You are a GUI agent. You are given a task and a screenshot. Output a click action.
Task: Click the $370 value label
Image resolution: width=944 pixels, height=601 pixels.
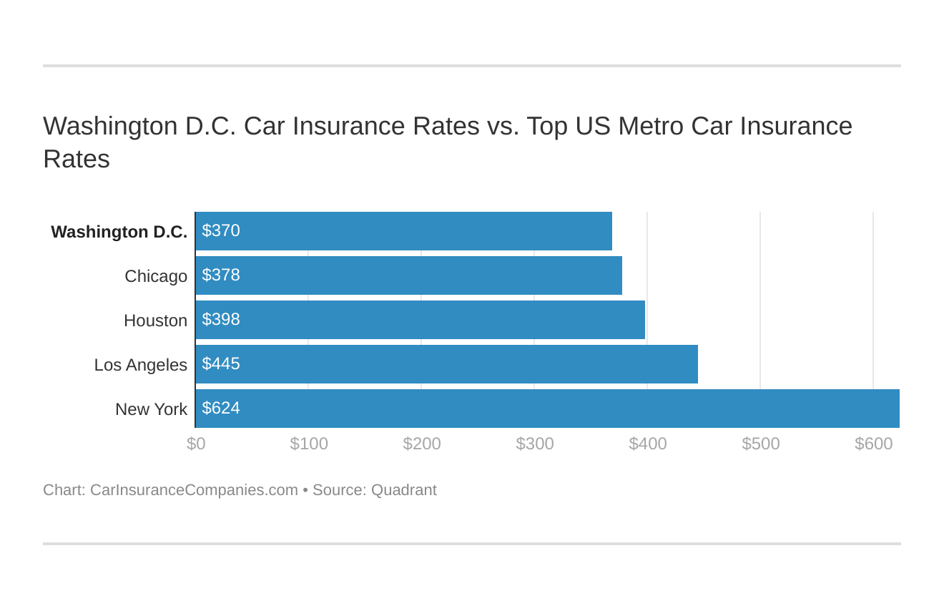221,231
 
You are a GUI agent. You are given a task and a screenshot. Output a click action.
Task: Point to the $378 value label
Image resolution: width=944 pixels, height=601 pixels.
221,275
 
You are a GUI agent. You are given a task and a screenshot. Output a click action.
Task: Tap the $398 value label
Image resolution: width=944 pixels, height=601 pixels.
221,320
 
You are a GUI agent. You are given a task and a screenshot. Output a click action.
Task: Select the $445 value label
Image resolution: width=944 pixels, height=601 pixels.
221,364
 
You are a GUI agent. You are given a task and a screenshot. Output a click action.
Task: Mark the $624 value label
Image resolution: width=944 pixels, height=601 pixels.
221,409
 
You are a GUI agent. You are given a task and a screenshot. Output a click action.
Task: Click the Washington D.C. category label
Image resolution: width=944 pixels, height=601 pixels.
119,232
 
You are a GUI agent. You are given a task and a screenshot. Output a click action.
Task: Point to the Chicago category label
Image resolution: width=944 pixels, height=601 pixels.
156,276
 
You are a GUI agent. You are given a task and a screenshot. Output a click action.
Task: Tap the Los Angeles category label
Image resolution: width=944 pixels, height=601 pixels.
141,365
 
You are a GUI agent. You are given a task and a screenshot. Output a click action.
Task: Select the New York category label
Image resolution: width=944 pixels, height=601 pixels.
151,409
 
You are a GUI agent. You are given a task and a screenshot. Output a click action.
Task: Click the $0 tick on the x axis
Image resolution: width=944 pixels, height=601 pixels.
196,444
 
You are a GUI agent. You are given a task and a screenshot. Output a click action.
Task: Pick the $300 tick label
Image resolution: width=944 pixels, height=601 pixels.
535,444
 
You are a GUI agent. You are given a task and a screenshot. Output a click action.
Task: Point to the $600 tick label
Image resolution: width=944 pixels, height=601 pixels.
873,444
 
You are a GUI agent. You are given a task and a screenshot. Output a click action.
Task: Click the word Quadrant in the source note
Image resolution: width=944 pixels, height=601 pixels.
403,490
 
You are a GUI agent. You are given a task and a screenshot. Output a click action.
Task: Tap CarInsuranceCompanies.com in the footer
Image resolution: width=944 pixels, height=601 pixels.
194,490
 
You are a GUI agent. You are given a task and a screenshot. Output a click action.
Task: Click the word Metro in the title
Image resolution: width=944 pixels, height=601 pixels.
651,126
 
